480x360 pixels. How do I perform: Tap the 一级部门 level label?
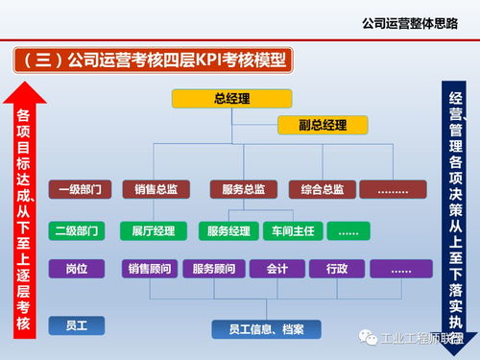[x=78, y=189]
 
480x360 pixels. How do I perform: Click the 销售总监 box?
[x=156, y=189]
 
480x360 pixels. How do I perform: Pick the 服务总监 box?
[x=237, y=189]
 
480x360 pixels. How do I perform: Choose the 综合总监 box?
[x=316, y=189]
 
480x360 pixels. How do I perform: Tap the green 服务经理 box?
[x=228, y=231]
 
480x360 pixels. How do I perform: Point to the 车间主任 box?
[x=293, y=231]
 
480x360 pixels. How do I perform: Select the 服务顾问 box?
[x=215, y=270]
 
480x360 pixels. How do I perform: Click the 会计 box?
[x=277, y=270]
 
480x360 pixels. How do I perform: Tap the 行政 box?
[x=336, y=270]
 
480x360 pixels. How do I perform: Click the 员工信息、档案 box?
[x=266, y=329]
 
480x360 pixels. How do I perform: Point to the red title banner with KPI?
[x=154, y=60]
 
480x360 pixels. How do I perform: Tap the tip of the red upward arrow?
[x=25, y=83]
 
